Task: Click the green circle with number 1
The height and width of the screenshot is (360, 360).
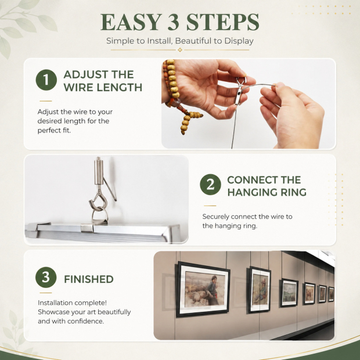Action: [x=46, y=80]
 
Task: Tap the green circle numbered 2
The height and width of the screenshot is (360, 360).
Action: [x=210, y=185]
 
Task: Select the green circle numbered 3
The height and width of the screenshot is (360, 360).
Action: [x=46, y=277]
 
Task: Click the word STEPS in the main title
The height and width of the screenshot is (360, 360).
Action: [x=222, y=22]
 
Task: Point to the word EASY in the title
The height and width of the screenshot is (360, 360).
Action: [x=131, y=22]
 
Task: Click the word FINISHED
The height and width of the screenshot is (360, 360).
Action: [x=89, y=279]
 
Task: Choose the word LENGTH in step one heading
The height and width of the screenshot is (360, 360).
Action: [x=119, y=87]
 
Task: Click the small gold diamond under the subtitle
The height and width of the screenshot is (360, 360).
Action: [x=180, y=50]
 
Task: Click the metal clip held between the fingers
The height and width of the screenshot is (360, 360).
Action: [x=240, y=91]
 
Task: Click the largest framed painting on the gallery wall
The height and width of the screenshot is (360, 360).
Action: [x=203, y=289]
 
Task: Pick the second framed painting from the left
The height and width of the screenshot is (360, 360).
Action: [x=260, y=290]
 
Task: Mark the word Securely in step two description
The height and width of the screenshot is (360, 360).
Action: [x=216, y=217]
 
